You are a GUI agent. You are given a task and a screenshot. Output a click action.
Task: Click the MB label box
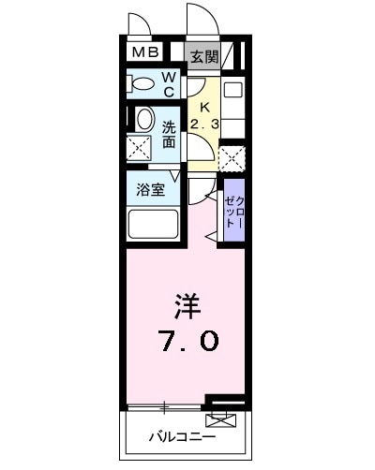[145, 55]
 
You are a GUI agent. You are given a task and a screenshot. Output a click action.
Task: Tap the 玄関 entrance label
[204, 56]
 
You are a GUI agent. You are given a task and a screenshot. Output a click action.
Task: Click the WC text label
[169, 85]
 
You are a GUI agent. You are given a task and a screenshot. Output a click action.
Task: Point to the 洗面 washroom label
[169, 134]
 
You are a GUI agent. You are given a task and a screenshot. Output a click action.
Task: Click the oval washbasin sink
[144, 119]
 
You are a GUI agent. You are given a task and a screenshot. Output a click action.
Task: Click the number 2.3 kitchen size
[204, 125]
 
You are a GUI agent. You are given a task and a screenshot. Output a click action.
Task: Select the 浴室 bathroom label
[152, 188]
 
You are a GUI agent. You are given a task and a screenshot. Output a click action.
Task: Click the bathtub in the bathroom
[152, 225]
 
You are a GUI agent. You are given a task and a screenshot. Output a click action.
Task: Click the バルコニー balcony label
[182, 437]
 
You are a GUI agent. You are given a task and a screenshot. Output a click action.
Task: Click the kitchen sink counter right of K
[232, 108]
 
